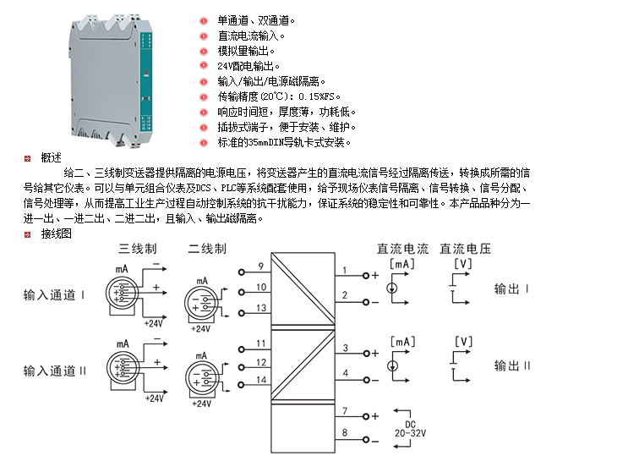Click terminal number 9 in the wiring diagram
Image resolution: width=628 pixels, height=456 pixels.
pyautogui.click(x=260, y=267)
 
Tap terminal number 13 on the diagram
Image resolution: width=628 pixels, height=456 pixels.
pyautogui.click(x=261, y=308)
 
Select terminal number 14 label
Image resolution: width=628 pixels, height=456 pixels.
pyautogui.click(x=260, y=382)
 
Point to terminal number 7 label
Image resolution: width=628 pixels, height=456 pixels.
pyautogui.click(x=345, y=411)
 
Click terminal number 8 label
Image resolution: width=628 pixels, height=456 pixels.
pyautogui.click(x=345, y=434)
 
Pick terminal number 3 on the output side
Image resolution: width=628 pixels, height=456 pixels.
pyautogui.click(x=345, y=348)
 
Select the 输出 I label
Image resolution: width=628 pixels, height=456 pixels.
pyautogui.click(x=512, y=289)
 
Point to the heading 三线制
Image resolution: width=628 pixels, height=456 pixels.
pyautogui.click(x=137, y=250)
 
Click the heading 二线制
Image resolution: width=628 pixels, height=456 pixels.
pyautogui.click(x=206, y=250)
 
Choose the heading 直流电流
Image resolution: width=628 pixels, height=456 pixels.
pyautogui.click(x=402, y=250)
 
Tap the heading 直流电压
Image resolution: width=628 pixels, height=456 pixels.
pyautogui.click(x=466, y=250)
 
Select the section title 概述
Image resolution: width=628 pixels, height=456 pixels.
pyautogui.click(x=51, y=157)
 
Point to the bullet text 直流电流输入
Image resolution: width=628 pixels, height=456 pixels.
pyautogui.click(x=251, y=36)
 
